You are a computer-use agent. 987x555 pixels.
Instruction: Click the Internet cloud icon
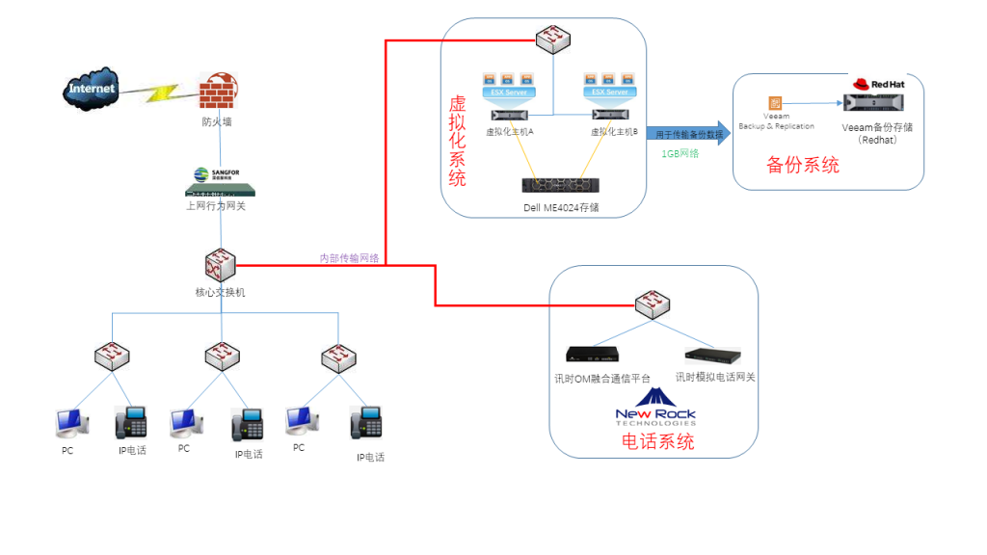click(92, 89)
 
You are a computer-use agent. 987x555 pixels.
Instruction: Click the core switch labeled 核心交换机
click(220, 263)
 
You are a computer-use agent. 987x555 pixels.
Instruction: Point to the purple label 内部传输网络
click(349, 257)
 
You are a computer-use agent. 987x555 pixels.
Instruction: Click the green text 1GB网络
click(680, 153)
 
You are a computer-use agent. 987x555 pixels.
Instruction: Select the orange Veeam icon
click(774, 102)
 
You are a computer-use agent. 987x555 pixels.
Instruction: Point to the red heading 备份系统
click(803, 165)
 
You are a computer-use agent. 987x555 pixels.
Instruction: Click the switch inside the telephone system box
click(654, 304)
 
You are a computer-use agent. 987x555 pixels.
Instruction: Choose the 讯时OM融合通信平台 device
click(593, 354)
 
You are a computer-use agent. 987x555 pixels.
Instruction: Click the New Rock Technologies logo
click(655, 408)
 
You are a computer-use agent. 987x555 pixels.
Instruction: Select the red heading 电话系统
click(656, 442)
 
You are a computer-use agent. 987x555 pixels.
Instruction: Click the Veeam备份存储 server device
click(875, 103)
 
